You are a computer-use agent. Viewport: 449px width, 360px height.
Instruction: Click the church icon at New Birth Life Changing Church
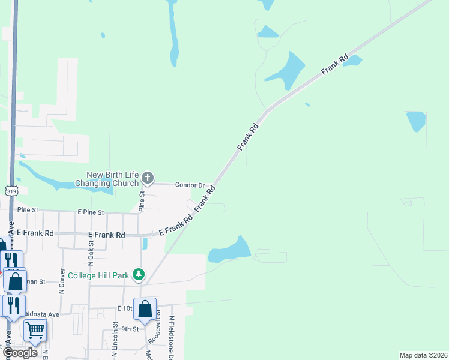[148, 178]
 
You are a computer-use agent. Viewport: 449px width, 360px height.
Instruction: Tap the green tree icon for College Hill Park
[139, 275]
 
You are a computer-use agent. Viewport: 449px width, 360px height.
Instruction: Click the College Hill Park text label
[98, 275]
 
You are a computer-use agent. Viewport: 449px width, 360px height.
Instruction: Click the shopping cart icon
[35, 329]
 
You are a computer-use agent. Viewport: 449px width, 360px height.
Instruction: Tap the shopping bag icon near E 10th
[145, 309]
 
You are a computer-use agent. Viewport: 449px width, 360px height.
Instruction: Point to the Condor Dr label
[190, 185]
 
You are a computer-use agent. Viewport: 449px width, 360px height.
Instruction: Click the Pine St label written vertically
[142, 202]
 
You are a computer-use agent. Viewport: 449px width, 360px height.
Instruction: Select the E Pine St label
[91, 212]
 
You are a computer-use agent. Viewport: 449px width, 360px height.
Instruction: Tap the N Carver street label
[62, 281]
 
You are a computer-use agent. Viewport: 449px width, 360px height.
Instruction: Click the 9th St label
[130, 329]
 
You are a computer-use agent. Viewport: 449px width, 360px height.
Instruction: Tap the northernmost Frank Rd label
[335, 65]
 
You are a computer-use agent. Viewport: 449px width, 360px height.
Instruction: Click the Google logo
[20, 353]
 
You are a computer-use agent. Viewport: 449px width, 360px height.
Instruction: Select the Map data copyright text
[423, 355]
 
